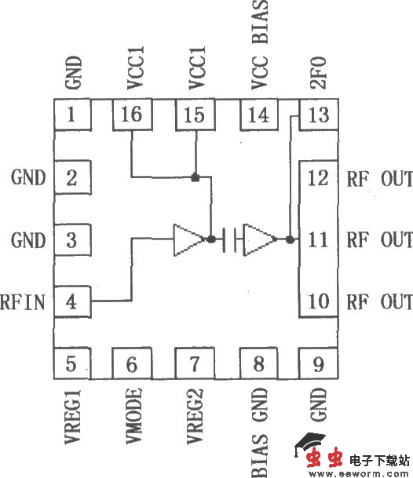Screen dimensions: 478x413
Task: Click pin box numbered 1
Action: pos(72,117)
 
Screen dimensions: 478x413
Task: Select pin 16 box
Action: pos(133,117)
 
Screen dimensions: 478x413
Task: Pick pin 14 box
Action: pos(258,117)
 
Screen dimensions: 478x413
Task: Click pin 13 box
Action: pos(319,117)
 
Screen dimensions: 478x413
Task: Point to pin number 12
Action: pos(319,178)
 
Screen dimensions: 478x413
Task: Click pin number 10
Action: pos(319,301)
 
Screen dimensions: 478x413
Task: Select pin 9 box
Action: pos(319,364)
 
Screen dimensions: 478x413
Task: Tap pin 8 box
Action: pos(258,364)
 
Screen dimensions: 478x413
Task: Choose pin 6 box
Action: pos(133,364)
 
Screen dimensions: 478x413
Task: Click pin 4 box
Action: pos(72,301)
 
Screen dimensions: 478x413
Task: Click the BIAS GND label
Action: pos(259,430)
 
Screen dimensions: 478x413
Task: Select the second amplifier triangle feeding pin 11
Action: pos(260,239)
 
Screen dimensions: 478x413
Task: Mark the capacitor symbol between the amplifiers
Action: pos(230,239)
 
